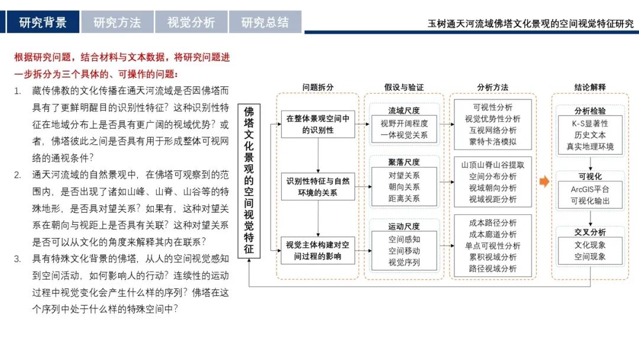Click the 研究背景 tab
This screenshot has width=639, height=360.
pyautogui.click(x=43, y=22)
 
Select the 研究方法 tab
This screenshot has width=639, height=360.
pyautogui.click(x=117, y=22)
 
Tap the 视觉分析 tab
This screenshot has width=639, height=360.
pyautogui.click(x=191, y=22)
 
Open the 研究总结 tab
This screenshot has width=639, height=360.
pyautogui.click(x=265, y=22)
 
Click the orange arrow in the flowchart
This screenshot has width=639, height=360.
pyautogui.click(x=544, y=181)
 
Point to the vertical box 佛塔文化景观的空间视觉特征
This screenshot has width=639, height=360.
pyautogui.click(x=249, y=181)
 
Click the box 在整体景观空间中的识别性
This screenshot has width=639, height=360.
pyautogui.click(x=318, y=124)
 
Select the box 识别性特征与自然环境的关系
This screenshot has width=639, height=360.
pyautogui.click(x=318, y=187)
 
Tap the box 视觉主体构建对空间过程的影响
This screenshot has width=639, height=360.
pyautogui.click(x=318, y=250)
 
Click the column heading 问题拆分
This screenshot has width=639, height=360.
pyautogui.click(x=318, y=87)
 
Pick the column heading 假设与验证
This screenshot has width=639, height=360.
pyautogui.click(x=404, y=87)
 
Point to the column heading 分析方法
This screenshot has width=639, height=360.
pyautogui.click(x=493, y=87)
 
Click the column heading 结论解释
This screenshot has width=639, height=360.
pyautogui.click(x=590, y=87)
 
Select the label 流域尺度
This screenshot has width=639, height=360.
pyautogui.click(x=404, y=111)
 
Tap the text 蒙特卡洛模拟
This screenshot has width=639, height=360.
pyautogui.click(x=493, y=142)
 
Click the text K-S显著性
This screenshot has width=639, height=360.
pyautogui.click(x=590, y=124)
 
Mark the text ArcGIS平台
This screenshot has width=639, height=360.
pyautogui.click(x=590, y=189)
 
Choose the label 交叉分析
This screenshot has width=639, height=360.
pyautogui.click(x=590, y=232)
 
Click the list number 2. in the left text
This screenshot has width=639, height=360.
pyautogui.click(x=18, y=175)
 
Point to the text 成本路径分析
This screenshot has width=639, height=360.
pyautogui.click(x=493, y=223)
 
